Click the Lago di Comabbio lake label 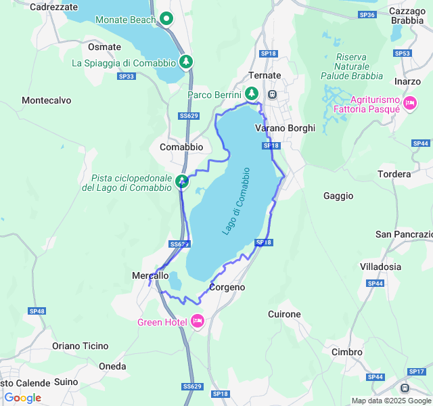pyautogui.click(x=236, y=201)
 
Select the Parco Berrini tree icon pyautogui.click(x=252, y=93)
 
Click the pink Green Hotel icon pyautogui.click(x=198, y=321)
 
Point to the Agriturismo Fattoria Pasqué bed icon pyautogui.click(x=409, y=103)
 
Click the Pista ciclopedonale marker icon pyautogui.click(x=182, y=181)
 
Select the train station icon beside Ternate pyautogui.click(x=273, y=94)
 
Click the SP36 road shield pyautogui.click(x=367, y=14)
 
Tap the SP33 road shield pyautogui.click(x=126, y=76)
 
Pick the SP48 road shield pyautogui.click(x=37, y=311)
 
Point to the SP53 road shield pyautogui.click(x=403, y=53)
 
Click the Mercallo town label pyautogui.click(x=150, y=275)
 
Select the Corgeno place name pyautogui.click(x=227, y=288)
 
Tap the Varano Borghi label pyautogui.click(x=285, y=128)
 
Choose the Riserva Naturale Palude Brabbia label pyautogui.click(x=359, y=66)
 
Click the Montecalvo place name pyautogui.click(x=46, y=100)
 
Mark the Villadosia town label pyautogui.click(x=400, y=266)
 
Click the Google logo pyautogui.click(x=22, y=398)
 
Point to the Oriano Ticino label pyautogui.click(x=80, y=346)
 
